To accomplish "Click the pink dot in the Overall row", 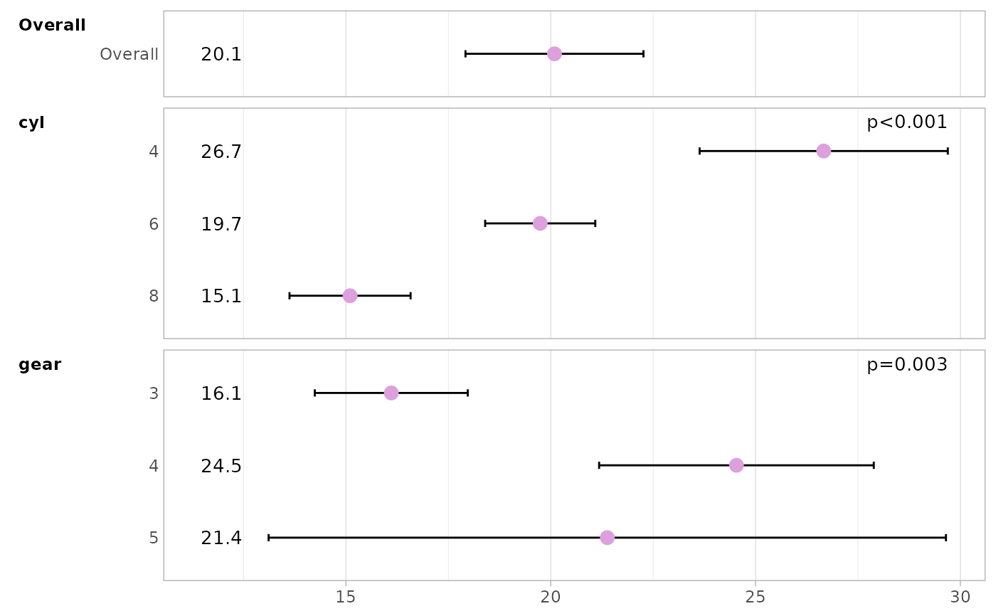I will click(554, 53).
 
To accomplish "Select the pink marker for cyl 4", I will click(823, 151).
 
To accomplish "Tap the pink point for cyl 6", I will click(540, 223).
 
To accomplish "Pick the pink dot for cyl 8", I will click(350, 295).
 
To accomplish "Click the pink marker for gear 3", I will click(391, 393).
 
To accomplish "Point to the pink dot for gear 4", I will click(736, 465).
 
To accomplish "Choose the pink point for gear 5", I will click(607, 537).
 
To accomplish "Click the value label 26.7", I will click(221, 152).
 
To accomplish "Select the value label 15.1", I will click(221, 296).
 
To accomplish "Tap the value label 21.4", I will click(221, 538).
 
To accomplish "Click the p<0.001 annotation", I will click(906, 122).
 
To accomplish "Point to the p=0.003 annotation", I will click(906, 365).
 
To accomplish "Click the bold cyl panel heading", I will click(31, 122).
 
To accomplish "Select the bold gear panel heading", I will click(40, 365).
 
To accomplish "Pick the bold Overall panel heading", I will click(52, 26).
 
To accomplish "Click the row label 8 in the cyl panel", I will click(154, 296).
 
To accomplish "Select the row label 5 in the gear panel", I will click(154, 538).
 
